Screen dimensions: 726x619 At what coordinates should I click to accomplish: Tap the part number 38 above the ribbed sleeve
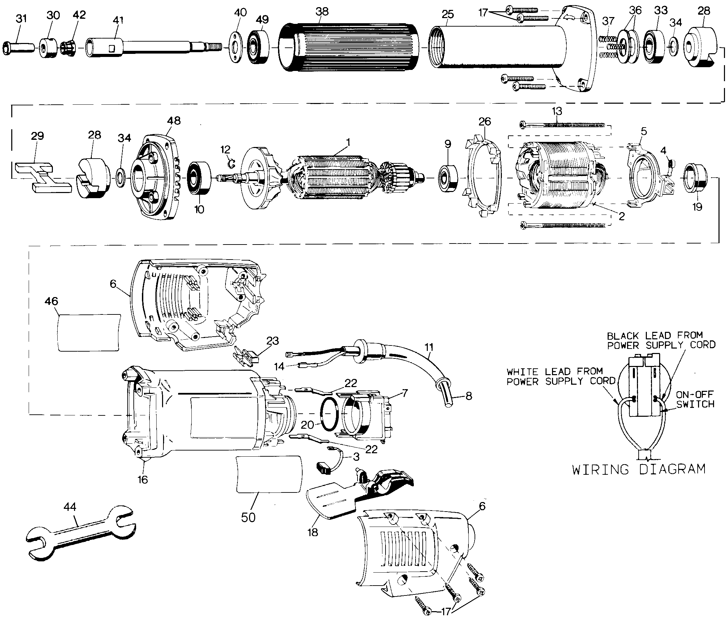pos(322,12)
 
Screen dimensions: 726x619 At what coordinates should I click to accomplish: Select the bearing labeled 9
pos(449,179)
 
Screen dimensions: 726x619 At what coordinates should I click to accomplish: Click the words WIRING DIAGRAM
pos(639,469)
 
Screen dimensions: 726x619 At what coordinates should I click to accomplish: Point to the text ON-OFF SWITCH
pos(695,399)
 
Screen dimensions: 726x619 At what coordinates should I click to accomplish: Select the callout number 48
pos(174,120)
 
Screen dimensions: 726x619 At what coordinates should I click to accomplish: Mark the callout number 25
pos(448,14)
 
